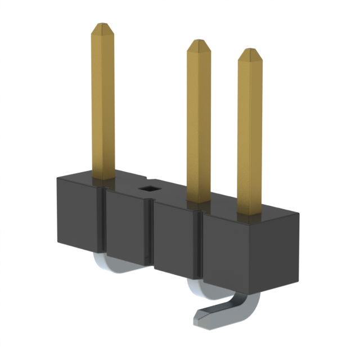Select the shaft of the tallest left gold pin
pos(103,101)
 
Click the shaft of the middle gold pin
pos(199,124)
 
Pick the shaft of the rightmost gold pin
pos(249,135)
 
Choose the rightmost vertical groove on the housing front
pos(199,247)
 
